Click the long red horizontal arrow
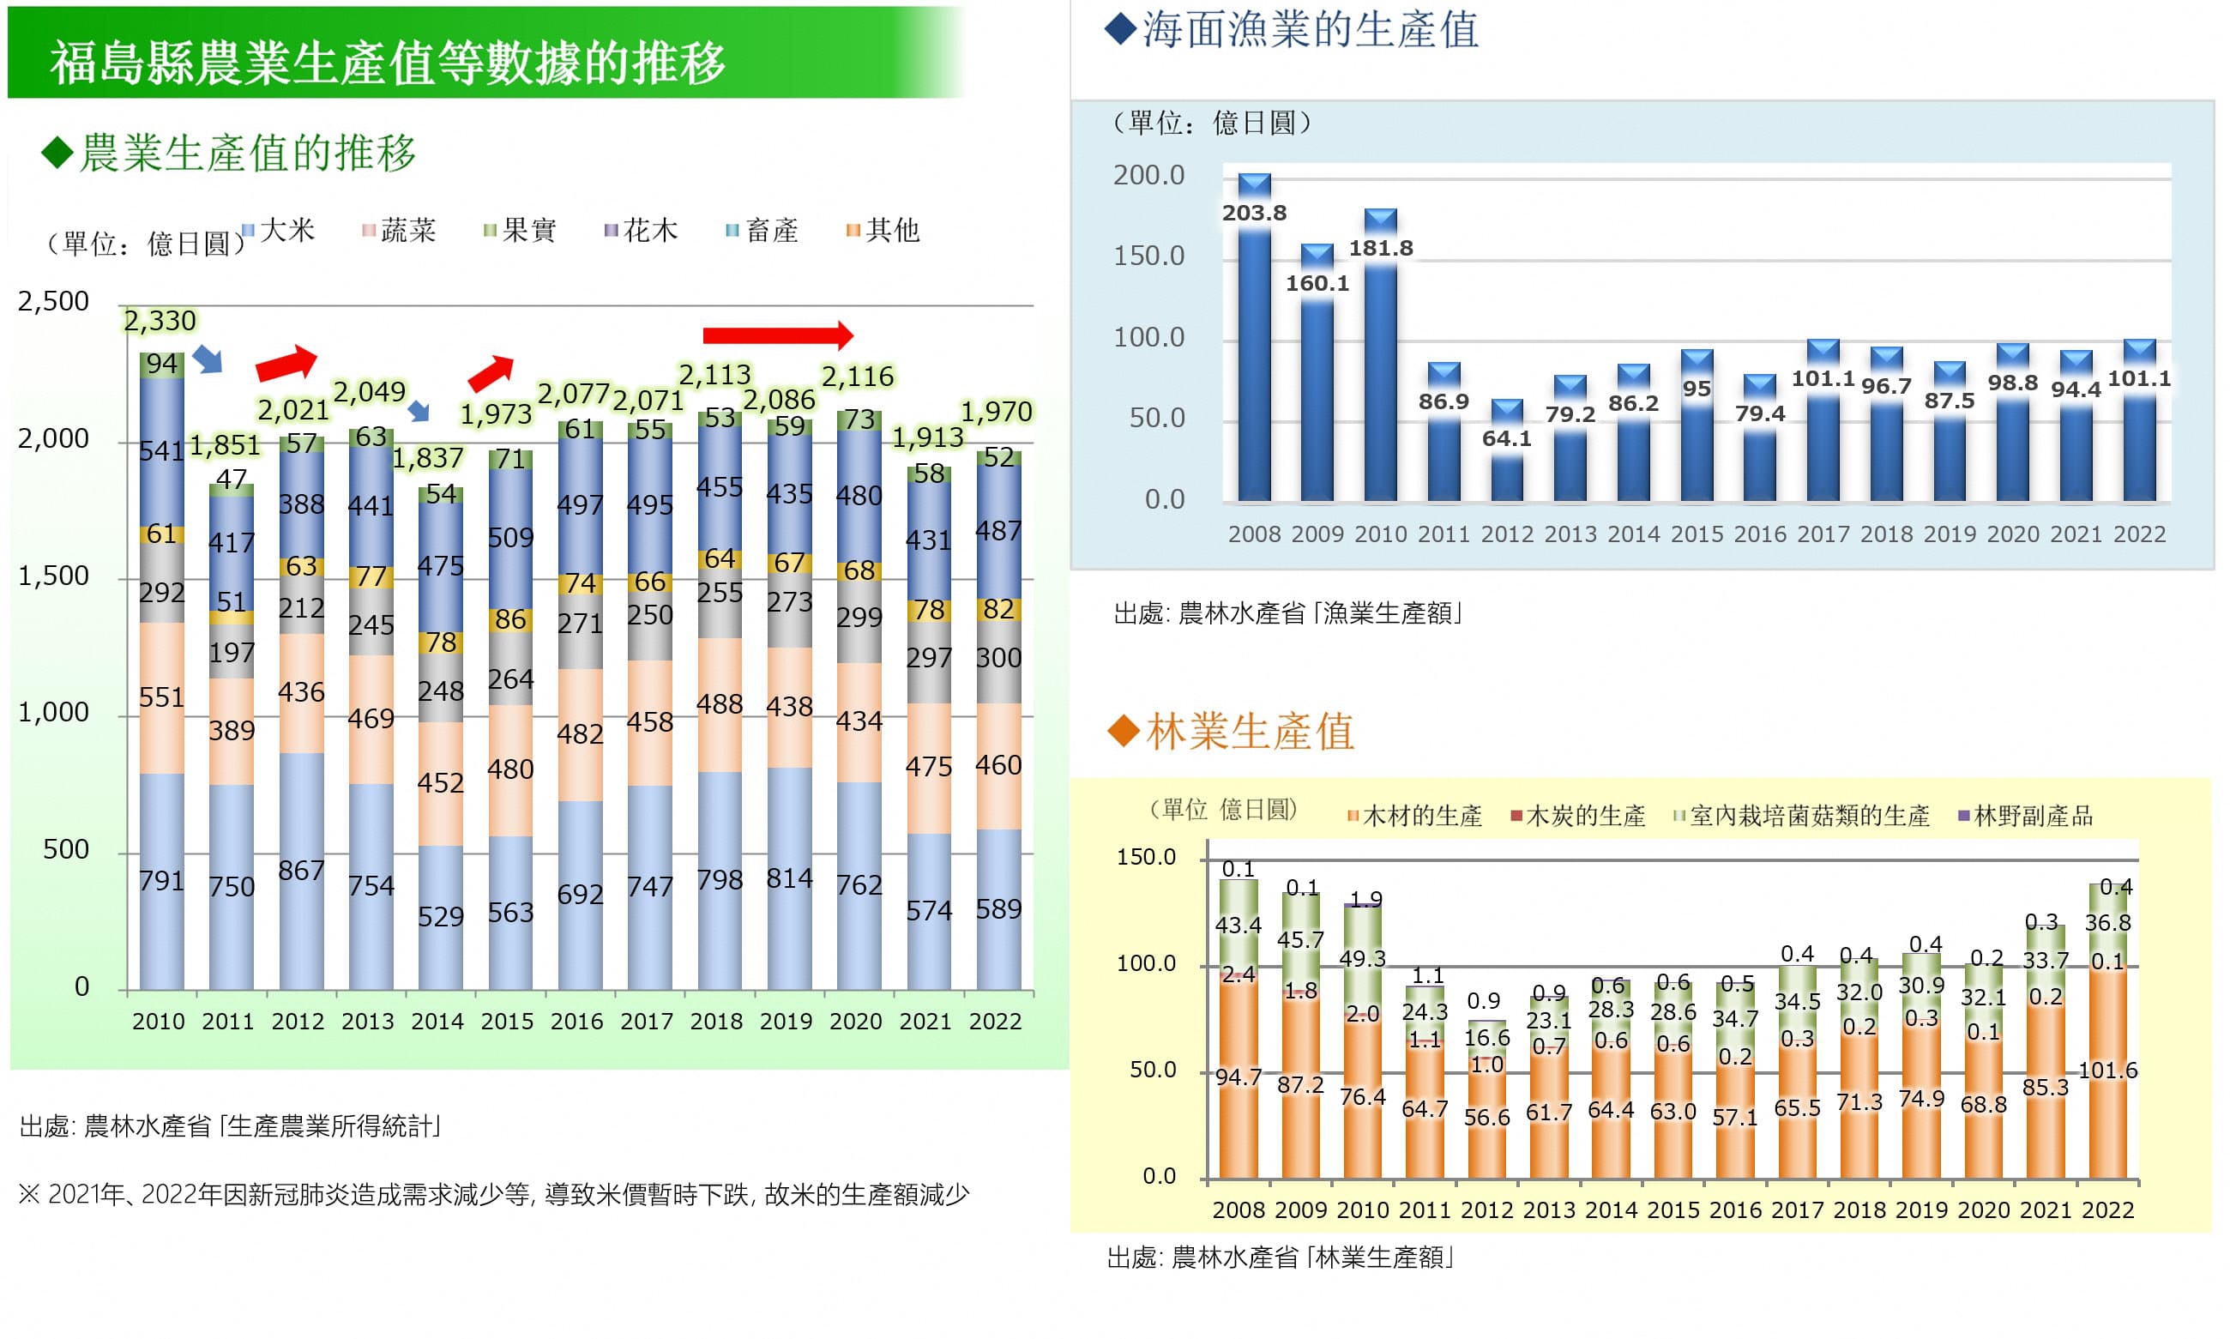(x=776, y=335)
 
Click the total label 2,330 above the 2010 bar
(x=160, y=321)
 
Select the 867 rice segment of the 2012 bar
(x=301, y=871)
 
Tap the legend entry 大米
(x=280, y=231)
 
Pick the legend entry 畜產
(x=763, y=231)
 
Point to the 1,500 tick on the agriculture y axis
(x=53, y=576)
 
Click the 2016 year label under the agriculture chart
(x=576, y=1022)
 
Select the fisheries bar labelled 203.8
(x=1254, y=361)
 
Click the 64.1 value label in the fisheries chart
(x=1506, y=438)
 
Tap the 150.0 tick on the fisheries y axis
(x=1148, y=256)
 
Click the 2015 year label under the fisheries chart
(x=1696, y=534)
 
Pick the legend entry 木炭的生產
(x=1579, y=817)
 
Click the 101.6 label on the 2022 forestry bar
(x=2107, y=1071)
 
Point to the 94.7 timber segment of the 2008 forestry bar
(x=1238, y=1077)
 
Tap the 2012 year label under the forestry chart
(x=1486, y=1210)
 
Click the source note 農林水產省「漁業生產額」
(x=1288, y=614)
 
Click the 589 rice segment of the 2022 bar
(x=998, y=908)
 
